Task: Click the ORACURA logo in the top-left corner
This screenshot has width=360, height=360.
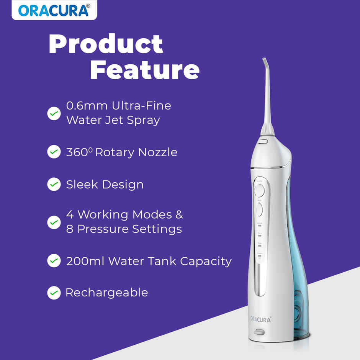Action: (54, 10)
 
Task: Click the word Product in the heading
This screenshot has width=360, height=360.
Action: (106, 44)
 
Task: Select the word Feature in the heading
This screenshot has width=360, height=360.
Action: (145, 70)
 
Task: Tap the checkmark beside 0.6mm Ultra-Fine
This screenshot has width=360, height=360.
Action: (54, 113)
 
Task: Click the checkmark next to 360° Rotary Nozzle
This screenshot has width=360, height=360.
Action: (54, 152)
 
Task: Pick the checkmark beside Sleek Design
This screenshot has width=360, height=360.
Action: (54, 185)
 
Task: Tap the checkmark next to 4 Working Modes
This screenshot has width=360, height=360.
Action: (54, 222)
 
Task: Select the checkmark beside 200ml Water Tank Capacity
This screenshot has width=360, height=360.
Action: (54, 261)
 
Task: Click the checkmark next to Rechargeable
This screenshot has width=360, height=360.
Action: (54, 293)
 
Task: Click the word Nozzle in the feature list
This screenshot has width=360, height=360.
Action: (157, 152)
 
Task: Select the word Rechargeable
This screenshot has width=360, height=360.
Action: (106, 293)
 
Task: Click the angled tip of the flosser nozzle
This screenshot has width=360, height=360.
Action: (264, 61)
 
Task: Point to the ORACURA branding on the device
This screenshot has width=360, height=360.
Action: (260, 319)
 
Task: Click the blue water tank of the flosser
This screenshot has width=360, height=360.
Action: (297, 268)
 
